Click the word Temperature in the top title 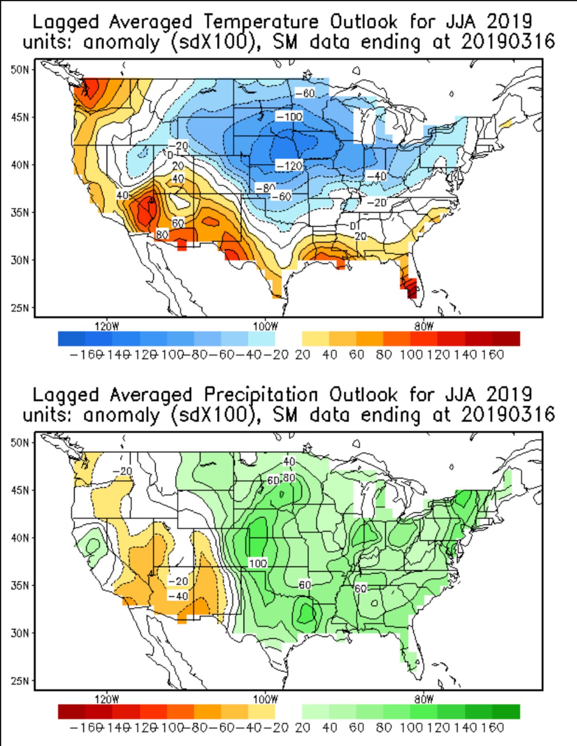point(260,22)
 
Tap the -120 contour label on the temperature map point(288,165)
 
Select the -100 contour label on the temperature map point(289,117)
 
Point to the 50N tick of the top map point(20,70)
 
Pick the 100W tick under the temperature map point(265,327)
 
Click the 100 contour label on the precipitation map point(258,563)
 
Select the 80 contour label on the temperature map point(161,235)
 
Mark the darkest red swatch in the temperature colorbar point(506,339)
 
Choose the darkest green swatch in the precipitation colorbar point(506,712)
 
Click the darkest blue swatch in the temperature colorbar point(72,339)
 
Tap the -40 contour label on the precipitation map point(178,596)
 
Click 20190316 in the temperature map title point(508,42)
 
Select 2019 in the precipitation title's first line point(509,395)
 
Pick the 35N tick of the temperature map point(20,212)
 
